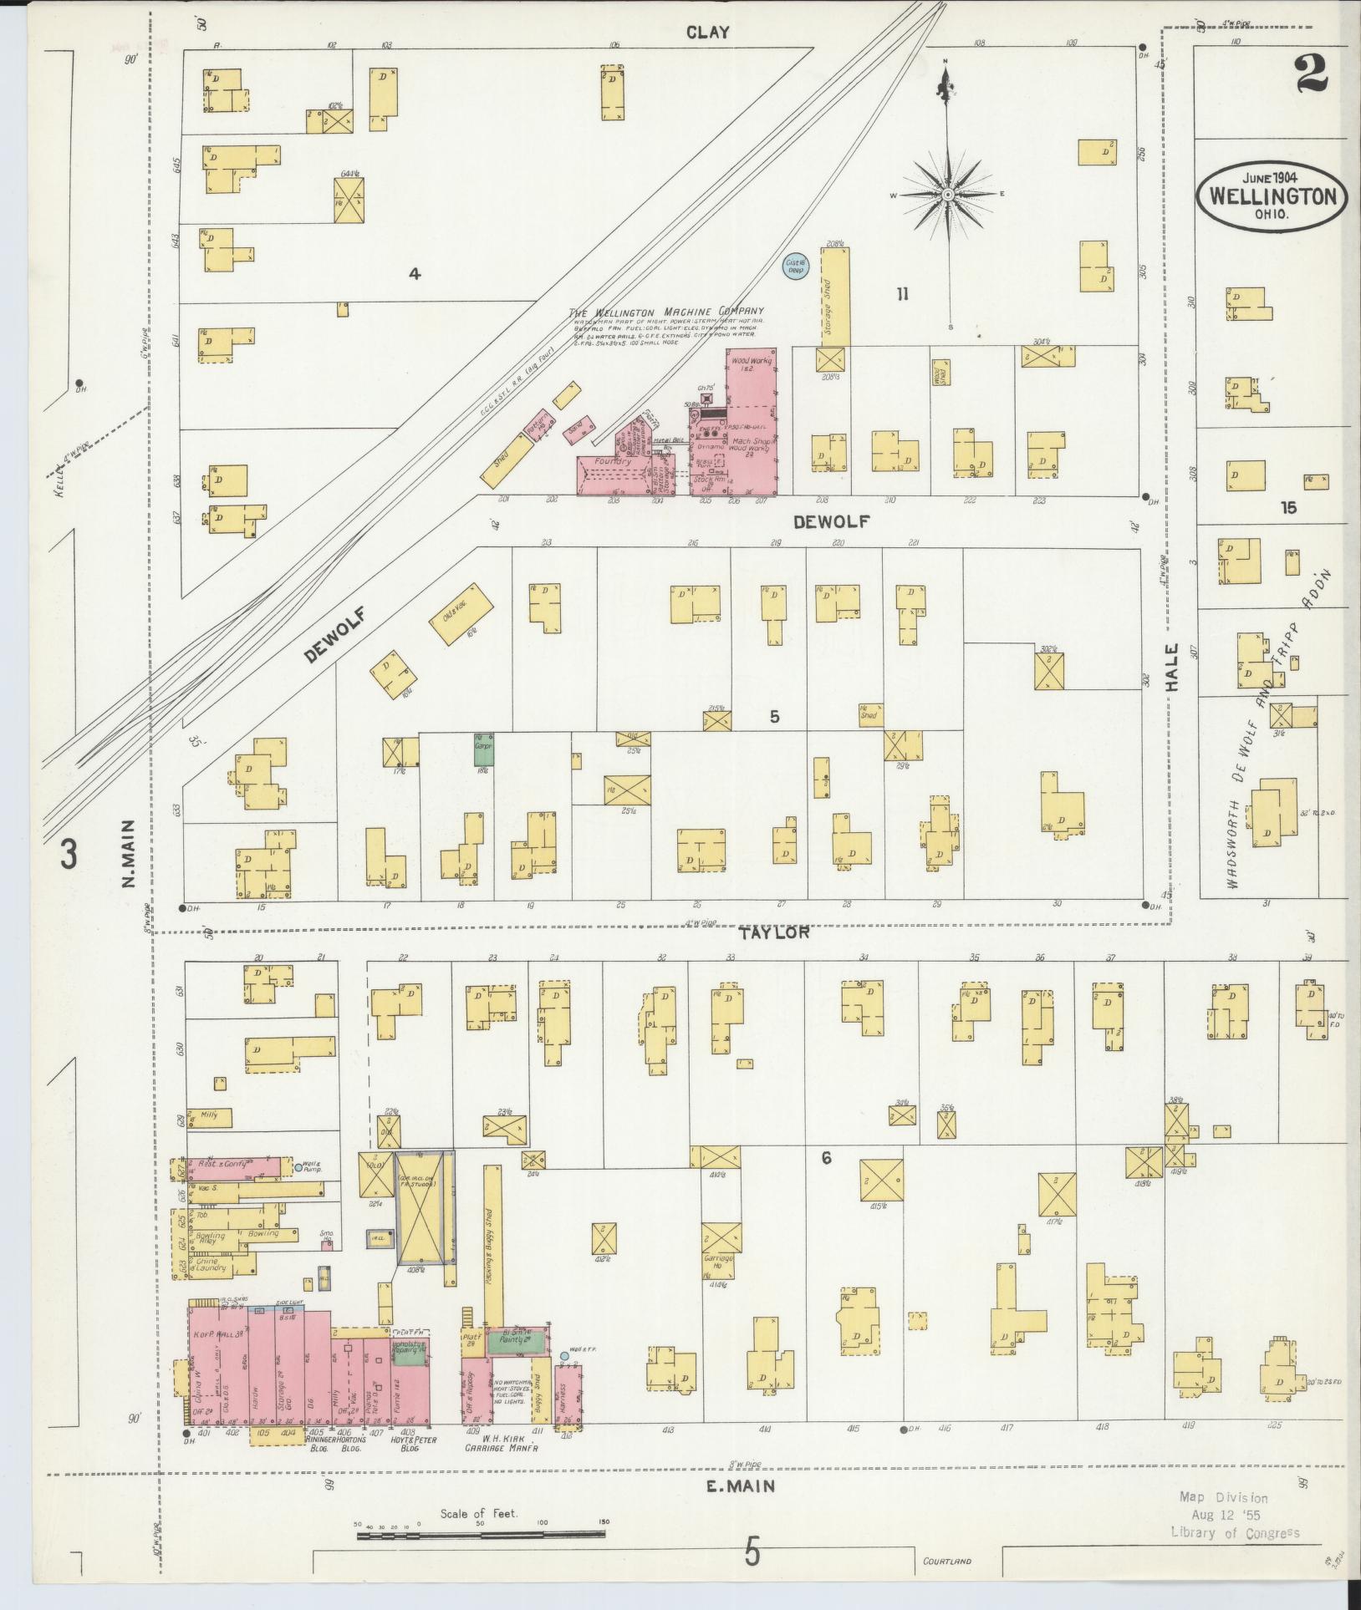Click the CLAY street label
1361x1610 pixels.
(707, 33)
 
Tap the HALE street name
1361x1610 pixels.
(1172, 666)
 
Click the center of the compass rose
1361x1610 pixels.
(948, 195)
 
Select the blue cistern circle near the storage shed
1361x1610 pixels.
(793, 267)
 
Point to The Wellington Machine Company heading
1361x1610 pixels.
(666, 311)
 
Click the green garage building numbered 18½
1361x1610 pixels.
(483, 748)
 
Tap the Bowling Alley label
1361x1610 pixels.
(209, 1238)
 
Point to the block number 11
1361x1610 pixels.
(902, 293)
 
